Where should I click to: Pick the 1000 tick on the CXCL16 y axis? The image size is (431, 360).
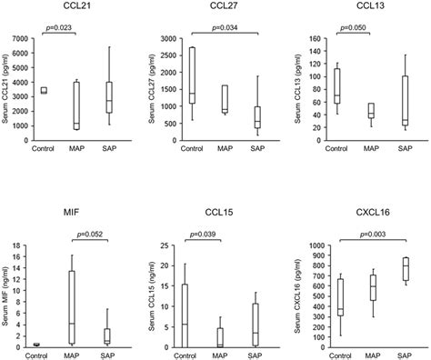[x=306, y=245]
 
